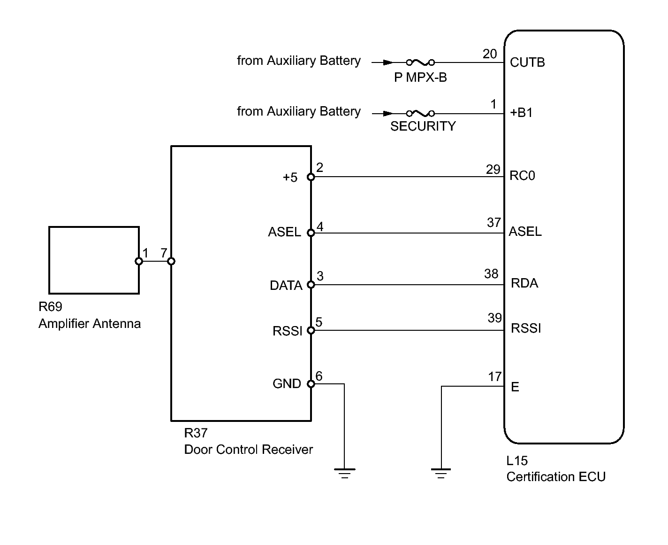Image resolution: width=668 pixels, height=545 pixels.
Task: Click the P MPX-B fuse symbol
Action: point(420,62)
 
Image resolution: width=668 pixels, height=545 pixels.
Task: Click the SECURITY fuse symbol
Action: point(420,113)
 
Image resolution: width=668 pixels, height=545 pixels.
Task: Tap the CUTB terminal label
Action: point(527,62)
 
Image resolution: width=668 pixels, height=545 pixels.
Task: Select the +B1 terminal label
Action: point(521,112)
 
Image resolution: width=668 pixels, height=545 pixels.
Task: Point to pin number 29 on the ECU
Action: point(493,169)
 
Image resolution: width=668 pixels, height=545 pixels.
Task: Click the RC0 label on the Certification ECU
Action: point(522,175)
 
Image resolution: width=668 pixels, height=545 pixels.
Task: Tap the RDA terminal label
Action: point(524,283)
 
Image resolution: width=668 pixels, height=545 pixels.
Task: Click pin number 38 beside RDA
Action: point(491,273)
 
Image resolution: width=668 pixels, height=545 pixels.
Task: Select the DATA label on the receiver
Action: point(286,285)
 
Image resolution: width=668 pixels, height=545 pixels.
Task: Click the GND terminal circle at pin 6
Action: point(311,384)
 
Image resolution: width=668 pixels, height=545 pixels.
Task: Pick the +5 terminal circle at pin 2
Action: point(311,177)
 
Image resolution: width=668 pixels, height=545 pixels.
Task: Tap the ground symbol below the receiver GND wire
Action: point(344,474)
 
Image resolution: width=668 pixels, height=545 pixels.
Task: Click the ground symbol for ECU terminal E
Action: point(441,474)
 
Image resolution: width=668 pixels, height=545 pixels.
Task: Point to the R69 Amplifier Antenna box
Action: point(94,227)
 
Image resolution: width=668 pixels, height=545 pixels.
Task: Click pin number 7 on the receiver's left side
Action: point(164,253)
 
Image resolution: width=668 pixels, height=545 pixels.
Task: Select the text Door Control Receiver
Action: point(248,450)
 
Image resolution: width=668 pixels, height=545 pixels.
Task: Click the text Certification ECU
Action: point(556,477)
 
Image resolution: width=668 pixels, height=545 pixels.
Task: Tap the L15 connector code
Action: point(517,461)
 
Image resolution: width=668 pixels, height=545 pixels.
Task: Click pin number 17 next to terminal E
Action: point(494,376)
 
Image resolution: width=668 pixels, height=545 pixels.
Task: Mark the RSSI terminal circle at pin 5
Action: point(311,330)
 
